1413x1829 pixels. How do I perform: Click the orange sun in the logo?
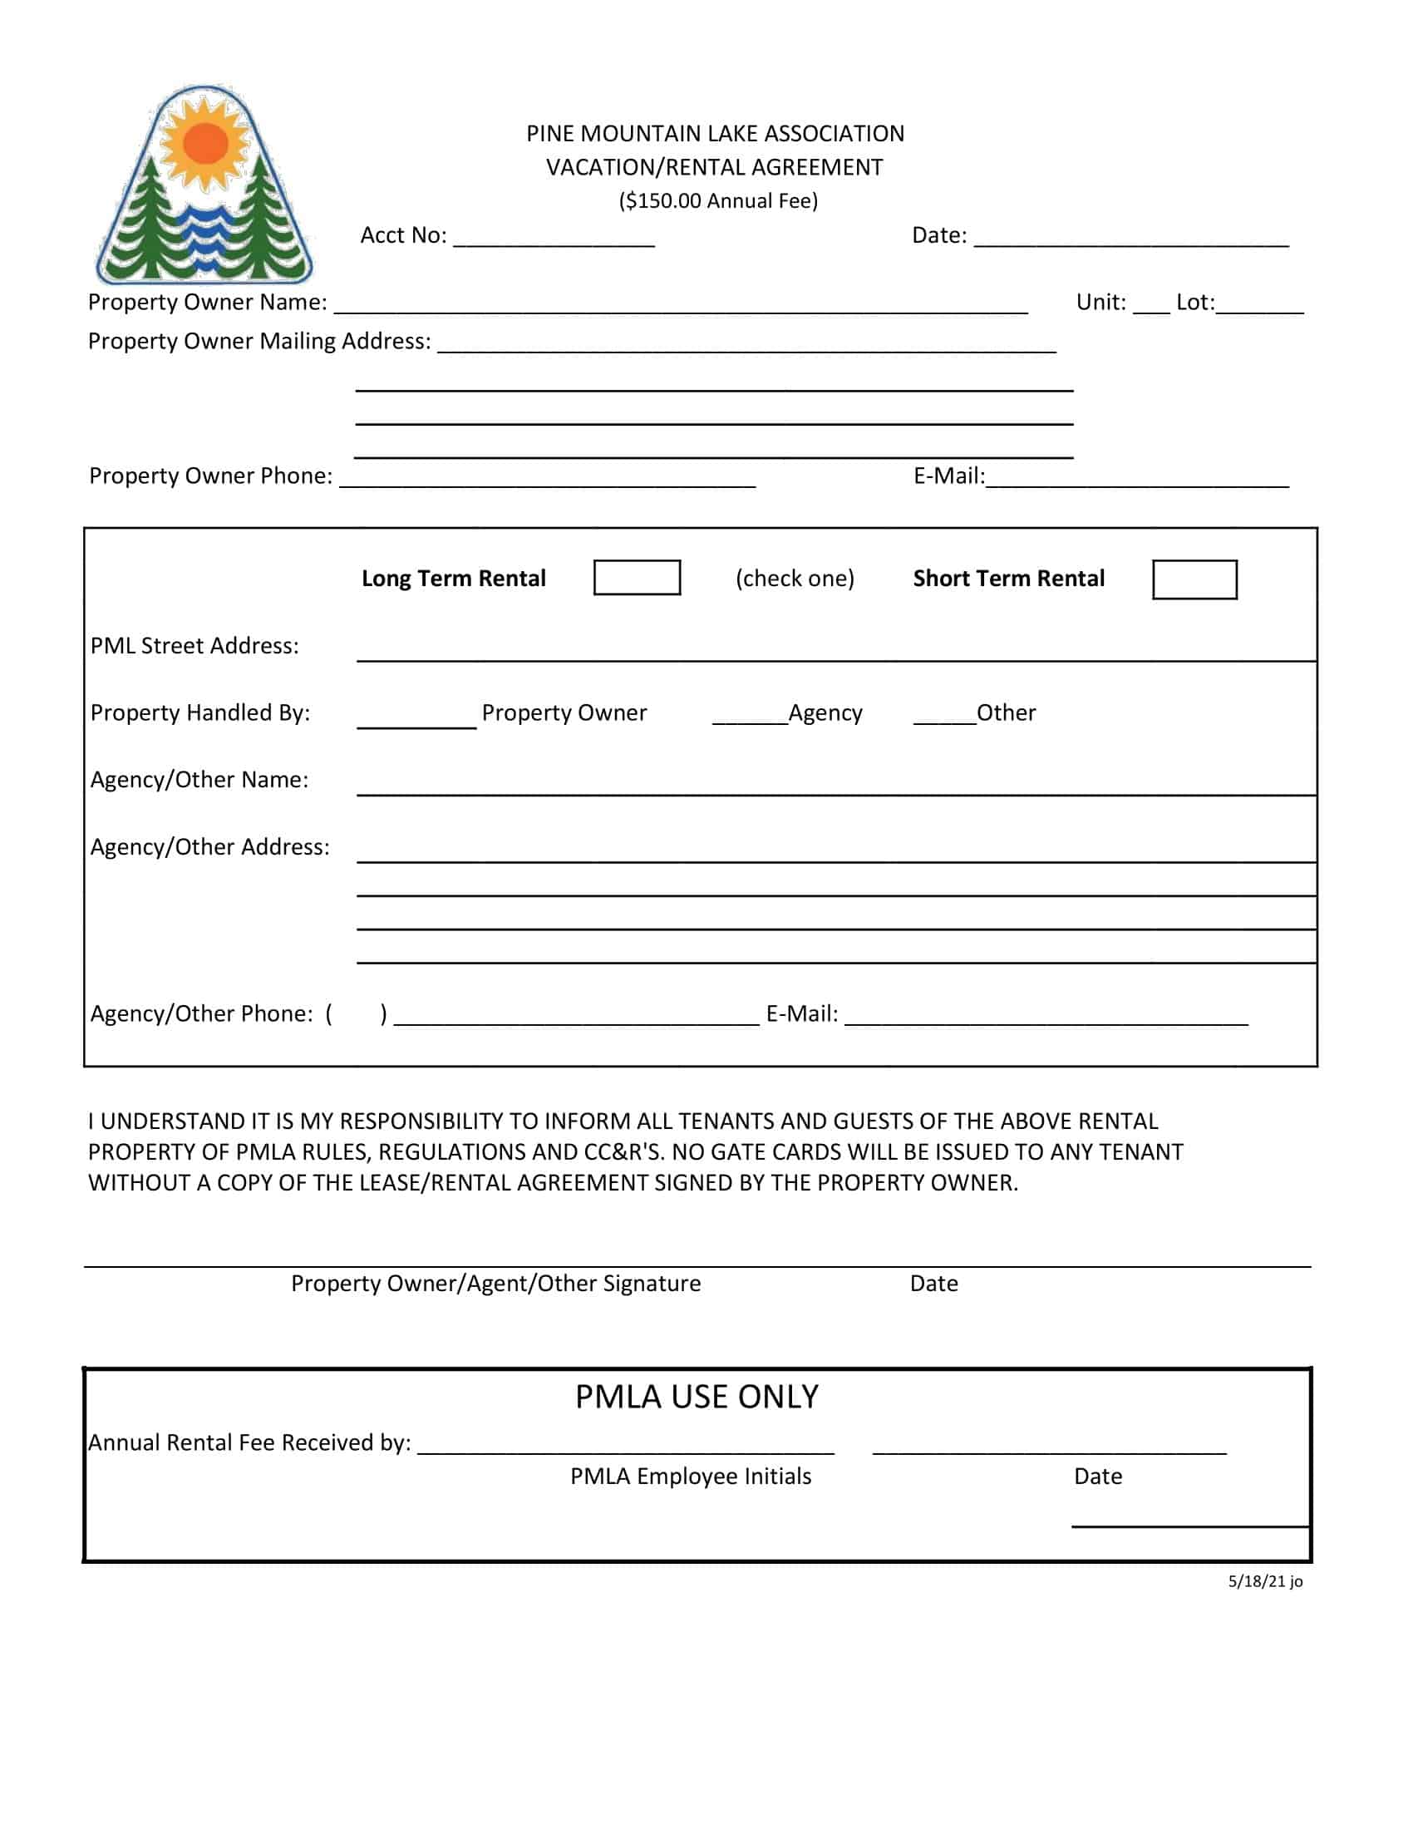205,144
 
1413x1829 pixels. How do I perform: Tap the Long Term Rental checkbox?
636,578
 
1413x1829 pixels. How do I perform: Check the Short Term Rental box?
1194,579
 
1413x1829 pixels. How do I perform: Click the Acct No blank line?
554,238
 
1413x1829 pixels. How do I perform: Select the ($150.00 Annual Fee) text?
718,201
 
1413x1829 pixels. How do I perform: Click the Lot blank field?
1260,305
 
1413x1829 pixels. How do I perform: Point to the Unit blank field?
1151,305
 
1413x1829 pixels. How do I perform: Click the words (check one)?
795,579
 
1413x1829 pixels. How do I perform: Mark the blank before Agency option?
749,715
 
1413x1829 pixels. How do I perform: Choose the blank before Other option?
944,715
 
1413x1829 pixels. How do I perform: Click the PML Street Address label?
194,646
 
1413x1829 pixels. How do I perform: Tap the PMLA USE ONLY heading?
697,1397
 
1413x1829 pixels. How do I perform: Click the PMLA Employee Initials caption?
691,1476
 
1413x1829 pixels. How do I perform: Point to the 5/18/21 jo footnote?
1265,1581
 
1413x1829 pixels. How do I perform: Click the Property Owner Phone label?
210,476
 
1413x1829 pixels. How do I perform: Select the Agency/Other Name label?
199,780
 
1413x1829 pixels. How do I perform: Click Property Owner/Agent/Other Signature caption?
495,1284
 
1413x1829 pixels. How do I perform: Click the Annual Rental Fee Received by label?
249,1442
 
